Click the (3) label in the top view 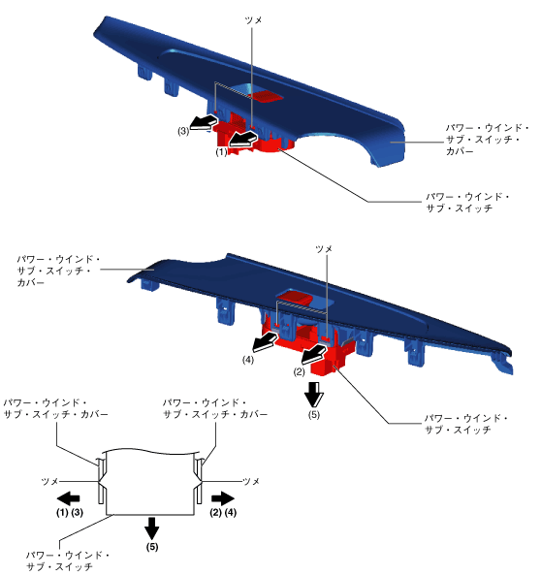pos(183,131)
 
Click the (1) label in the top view pos(221,152)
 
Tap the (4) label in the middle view pos(248,360)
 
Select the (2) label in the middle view pos(299,372)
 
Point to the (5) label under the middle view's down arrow pos(314,415)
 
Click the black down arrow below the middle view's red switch pos(314,394)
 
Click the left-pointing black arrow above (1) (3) pos(68,498)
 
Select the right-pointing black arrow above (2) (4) pos(223,498)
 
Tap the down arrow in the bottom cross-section pos(151,528)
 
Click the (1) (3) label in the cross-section pos(70,512)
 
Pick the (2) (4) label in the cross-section pos(223,512)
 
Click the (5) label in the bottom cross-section pos(152,547)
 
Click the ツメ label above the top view pos(253,20)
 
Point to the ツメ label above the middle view pos(324,249)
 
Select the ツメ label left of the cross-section pos(50,481)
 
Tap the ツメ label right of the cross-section pos(251,481)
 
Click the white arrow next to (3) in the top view pos(203,121)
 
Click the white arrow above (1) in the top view pos(242,140)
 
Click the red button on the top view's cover pos(266,96)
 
